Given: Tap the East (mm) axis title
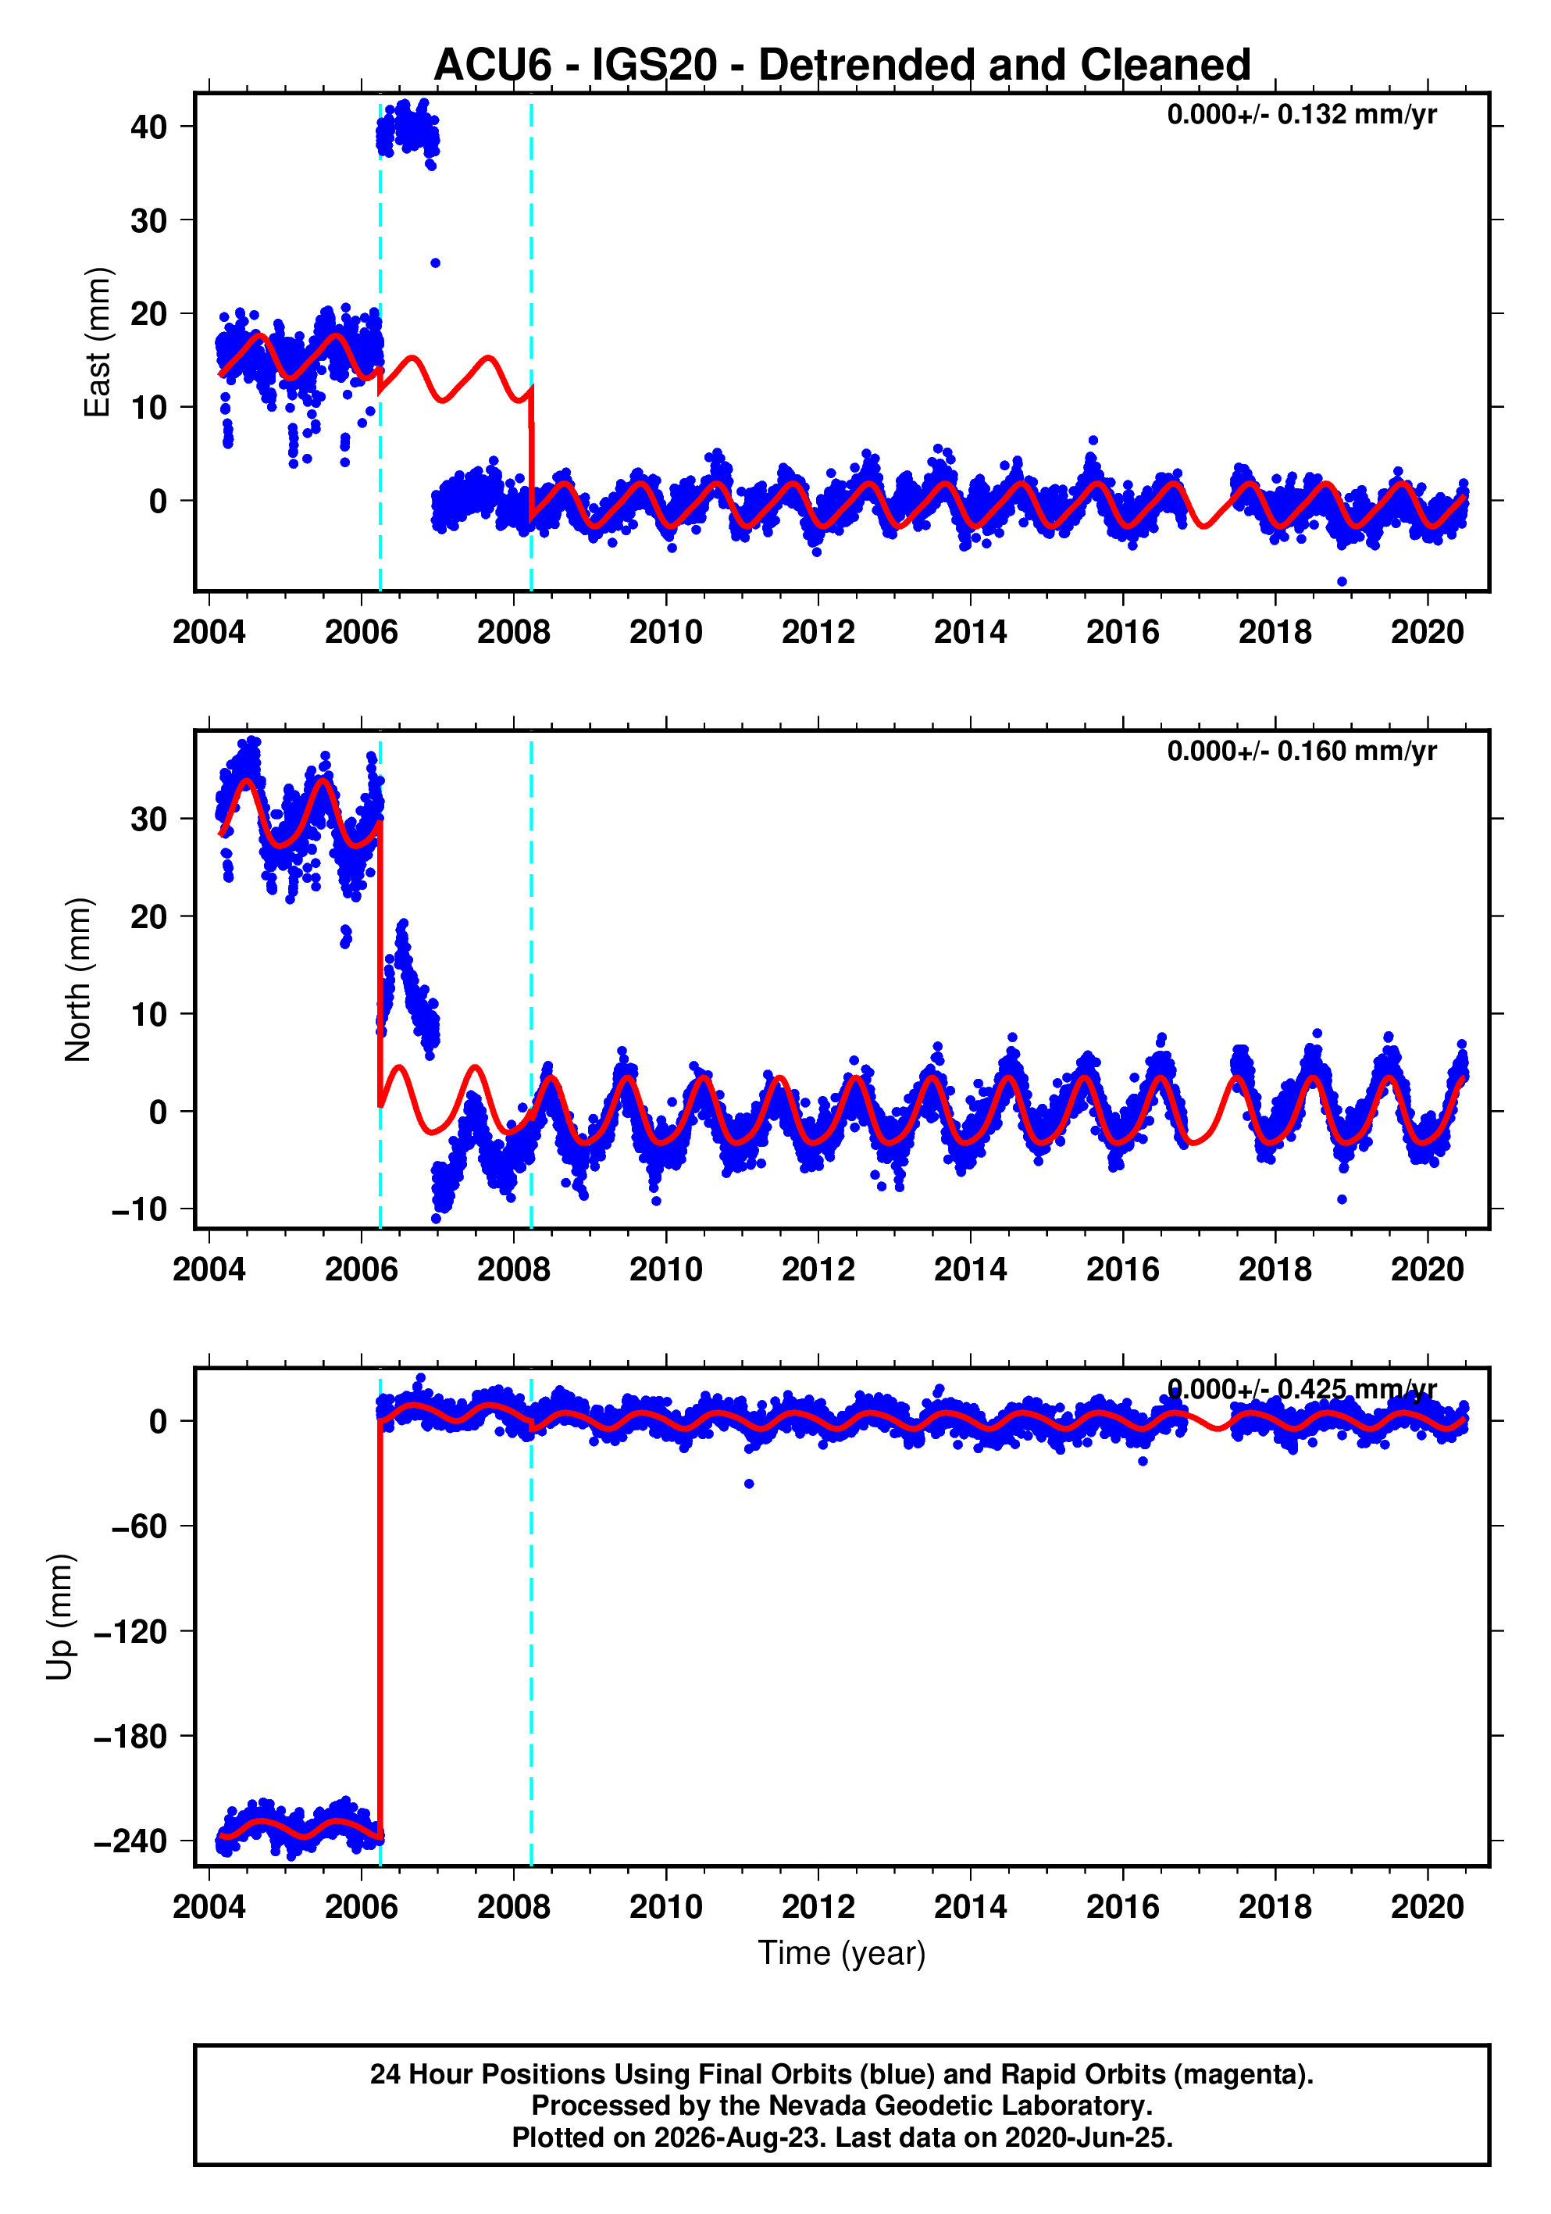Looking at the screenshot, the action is (x=98, y=342).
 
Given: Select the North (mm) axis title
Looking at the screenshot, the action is (x=78, y=980).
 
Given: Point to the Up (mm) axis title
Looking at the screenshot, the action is (x=60, y=1617).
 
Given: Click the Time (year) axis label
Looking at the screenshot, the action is (x=842, y=1952).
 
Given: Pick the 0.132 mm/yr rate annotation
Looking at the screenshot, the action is (x=1301, y=115).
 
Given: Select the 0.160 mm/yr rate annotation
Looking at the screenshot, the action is (x=1301, y=752).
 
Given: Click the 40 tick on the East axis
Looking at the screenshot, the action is (x=148, y=127).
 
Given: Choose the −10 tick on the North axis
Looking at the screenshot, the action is (x=140, y=1209).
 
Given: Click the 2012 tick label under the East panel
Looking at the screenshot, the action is (x=818, y=633).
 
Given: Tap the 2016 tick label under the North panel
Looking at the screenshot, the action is (x=1123, y=1270).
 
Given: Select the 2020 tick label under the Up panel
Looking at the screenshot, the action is (x=1428, y=1906).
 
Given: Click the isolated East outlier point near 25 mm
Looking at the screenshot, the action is (x=435, y=263).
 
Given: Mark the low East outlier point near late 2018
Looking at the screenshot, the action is (x=1342, y=581).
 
